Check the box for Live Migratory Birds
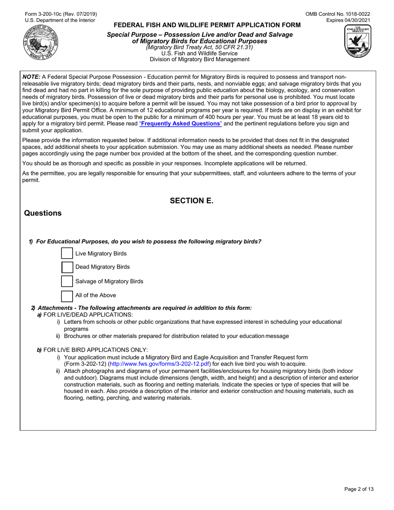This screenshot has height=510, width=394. (x=67, y=253)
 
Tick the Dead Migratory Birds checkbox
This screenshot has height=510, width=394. (x=67, y=267)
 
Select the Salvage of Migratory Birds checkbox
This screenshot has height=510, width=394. (x=67, y=281)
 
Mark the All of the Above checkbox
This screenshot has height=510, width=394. (x=67, y=296)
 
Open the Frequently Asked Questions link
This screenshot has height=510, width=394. (x=180, y=124)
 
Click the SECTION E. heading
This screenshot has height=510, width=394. (x=191, y=201)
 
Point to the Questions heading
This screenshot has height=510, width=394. (x=43, y=214)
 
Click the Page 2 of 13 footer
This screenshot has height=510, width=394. (x=359, y=489)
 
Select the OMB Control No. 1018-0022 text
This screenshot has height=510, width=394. (x=338, y=14)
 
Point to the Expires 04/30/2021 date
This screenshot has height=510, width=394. (x=348, y=20)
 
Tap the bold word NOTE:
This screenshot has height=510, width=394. (x=31, y=77)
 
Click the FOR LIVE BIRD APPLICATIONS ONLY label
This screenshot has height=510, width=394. (x=95, y=350)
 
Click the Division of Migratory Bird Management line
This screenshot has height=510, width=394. (x=199, y=59)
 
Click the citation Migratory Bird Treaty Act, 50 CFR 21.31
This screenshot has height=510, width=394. (x=199, y=47)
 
